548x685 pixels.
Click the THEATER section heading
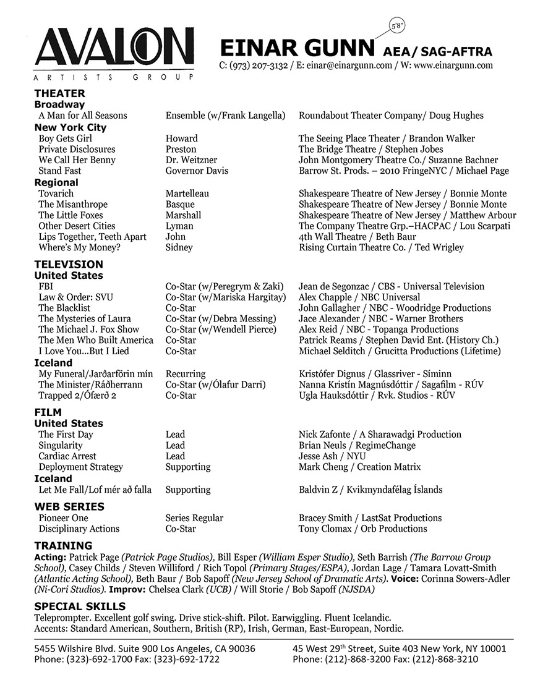point(59,93)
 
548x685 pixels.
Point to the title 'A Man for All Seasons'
point(82,116)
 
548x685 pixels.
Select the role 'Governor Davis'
point(197,171)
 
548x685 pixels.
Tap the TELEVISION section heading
point(69,265)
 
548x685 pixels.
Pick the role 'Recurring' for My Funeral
point(186,374)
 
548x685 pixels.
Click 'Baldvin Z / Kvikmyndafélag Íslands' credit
point(370,490)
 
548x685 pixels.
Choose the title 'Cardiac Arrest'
point(67,456)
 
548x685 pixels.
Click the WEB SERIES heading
point(69,506)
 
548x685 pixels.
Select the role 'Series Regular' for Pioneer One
point(194,518)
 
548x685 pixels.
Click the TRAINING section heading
point(63,546)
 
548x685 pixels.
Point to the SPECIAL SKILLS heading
point(80,606)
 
